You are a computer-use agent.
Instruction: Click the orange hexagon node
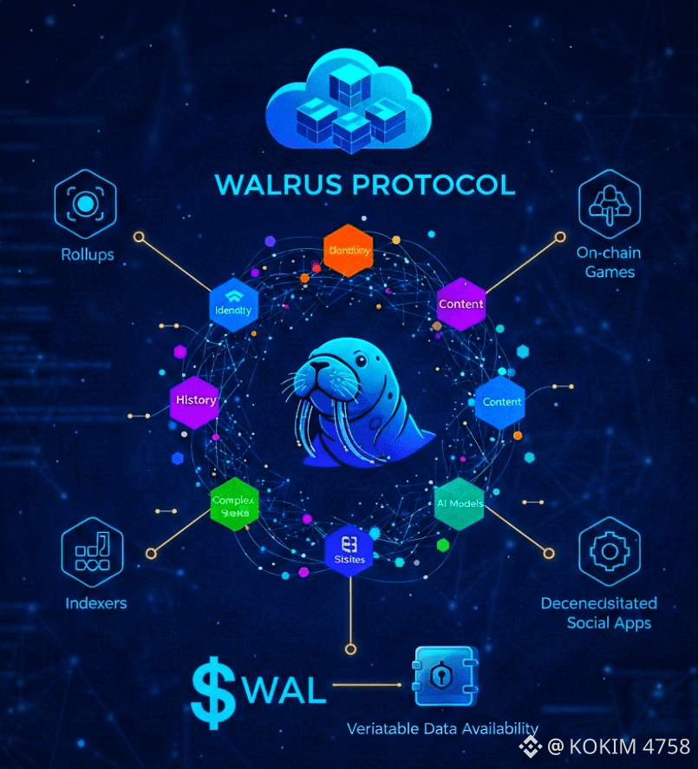click(x=348, y=251)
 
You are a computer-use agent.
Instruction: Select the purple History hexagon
click(x=195, y=401)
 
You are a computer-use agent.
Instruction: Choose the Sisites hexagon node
click(x=349, y=553)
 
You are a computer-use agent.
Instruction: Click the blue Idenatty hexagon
click(x=235, y=305)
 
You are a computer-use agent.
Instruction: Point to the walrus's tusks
click(x=325, y=425)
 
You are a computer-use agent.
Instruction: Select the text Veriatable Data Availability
click(x=442, y=728)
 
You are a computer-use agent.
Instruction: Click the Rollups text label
click(x=86, y=254)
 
